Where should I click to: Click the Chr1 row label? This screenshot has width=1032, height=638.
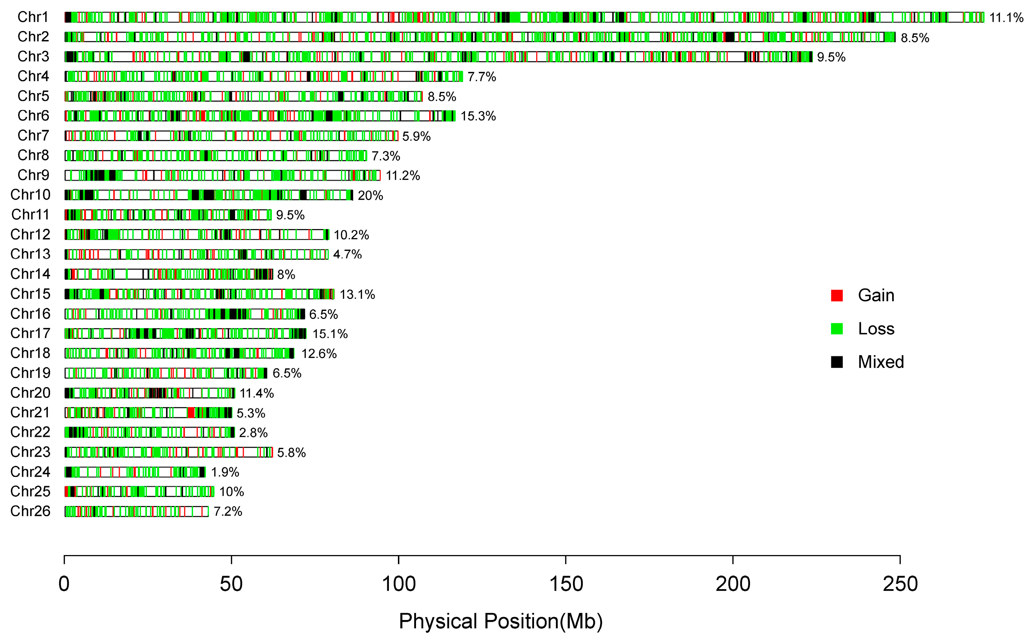coord(33,17)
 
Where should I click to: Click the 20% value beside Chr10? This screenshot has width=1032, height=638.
coord(370,195)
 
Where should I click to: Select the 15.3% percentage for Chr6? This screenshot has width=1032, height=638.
coord(478,116)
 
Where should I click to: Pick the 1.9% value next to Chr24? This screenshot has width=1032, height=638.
coord(225,472)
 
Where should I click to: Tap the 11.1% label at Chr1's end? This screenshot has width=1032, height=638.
coord(1006,18)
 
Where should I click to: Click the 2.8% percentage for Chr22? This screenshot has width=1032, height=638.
coord(253,433)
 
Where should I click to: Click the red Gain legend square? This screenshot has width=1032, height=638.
coord(837,295)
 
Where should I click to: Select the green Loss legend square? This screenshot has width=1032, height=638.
coord(837,329)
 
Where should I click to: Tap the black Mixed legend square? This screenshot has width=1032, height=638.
coord(837,362)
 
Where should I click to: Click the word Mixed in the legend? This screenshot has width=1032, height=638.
coord(881,362)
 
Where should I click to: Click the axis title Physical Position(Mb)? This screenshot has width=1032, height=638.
coord(501,621)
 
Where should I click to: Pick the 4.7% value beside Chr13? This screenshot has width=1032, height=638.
coord(347,254)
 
